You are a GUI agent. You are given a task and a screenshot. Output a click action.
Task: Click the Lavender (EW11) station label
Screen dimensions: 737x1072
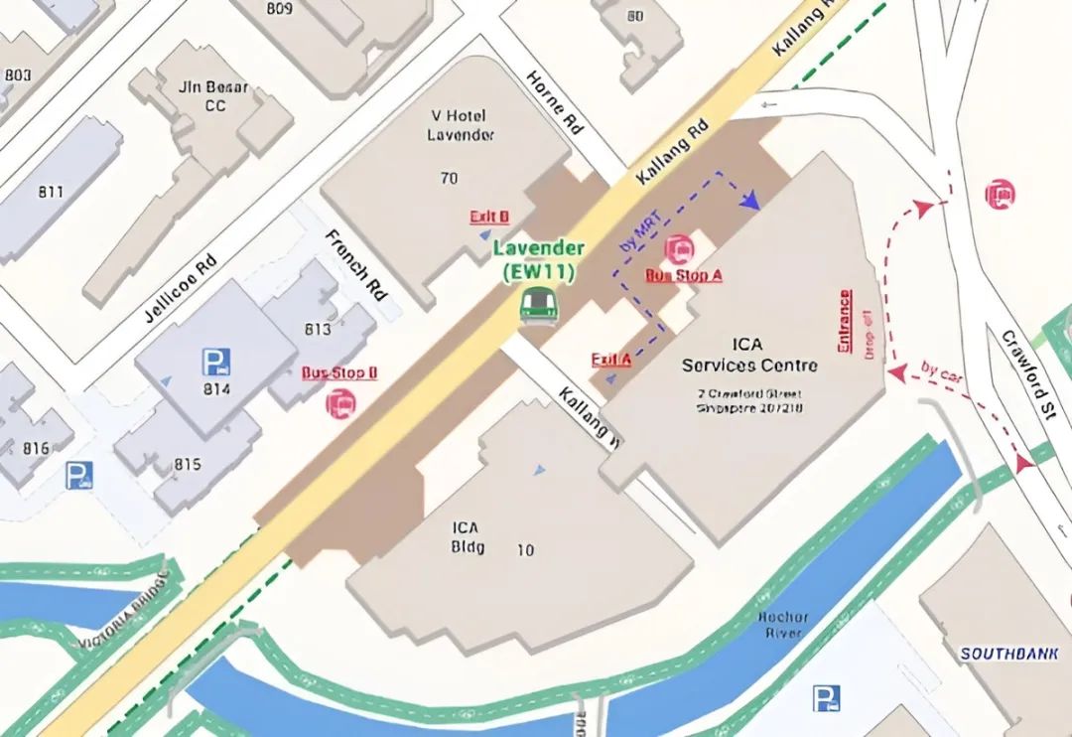[539, 258]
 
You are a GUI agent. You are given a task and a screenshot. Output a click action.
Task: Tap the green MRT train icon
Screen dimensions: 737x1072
[538, 303]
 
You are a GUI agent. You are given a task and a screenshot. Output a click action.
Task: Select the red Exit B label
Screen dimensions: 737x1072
[489, 217]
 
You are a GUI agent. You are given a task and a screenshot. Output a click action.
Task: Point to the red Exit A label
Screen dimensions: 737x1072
[611, 360]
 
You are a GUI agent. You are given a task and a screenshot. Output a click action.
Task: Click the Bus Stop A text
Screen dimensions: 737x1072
[684, 275]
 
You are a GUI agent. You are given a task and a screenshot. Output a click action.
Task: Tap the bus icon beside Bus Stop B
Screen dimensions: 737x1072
[340, 403]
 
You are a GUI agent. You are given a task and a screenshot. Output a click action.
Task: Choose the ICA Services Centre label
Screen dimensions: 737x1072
[749, 355]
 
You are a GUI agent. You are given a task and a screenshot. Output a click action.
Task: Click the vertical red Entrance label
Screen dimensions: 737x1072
[845, 320]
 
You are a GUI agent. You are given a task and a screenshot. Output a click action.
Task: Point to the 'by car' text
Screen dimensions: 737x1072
[942, 371]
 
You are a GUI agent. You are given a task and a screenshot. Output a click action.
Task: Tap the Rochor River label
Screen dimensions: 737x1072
[783, 626]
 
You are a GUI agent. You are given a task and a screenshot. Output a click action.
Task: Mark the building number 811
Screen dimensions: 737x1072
[51, 193]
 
